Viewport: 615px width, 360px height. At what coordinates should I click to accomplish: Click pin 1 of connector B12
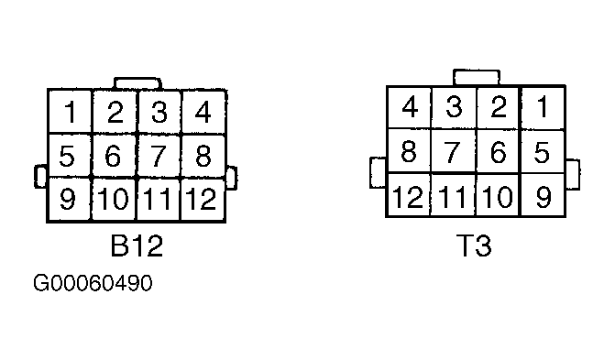[70, 113]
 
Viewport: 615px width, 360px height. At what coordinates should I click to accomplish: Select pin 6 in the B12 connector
[115, 156]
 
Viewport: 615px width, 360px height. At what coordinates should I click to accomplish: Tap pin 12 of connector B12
[203, 199]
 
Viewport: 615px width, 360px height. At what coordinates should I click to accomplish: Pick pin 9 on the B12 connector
[70, 199]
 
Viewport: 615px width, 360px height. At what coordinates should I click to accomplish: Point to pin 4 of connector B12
[203, 113]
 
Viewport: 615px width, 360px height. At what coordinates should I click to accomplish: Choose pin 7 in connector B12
[159, 156]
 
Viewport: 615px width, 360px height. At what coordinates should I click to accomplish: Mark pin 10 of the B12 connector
[115, 199]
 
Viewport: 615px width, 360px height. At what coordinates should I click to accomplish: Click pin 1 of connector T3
[543, 108]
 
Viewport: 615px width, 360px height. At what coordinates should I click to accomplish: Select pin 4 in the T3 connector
[410, 108]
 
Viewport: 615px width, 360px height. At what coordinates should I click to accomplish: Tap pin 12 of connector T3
[410, 195]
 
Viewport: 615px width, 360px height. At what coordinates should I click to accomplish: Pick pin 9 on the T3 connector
[543, 195]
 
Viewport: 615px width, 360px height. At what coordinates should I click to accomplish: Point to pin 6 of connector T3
[499, 151]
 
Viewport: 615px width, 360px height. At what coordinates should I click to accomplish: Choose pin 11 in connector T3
[454, 195]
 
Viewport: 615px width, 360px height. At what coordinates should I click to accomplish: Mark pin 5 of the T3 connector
[543, 151]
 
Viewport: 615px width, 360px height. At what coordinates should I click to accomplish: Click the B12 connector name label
[137, 246]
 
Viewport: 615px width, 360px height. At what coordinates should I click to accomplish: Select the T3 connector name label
[474, 246]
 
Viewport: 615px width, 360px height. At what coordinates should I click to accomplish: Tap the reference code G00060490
[93, 284]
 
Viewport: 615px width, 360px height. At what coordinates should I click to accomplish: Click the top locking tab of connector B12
[136, 84]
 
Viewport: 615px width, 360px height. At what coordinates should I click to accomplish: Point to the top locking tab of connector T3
[476, 77]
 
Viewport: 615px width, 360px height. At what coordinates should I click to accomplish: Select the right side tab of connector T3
[573, 174]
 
